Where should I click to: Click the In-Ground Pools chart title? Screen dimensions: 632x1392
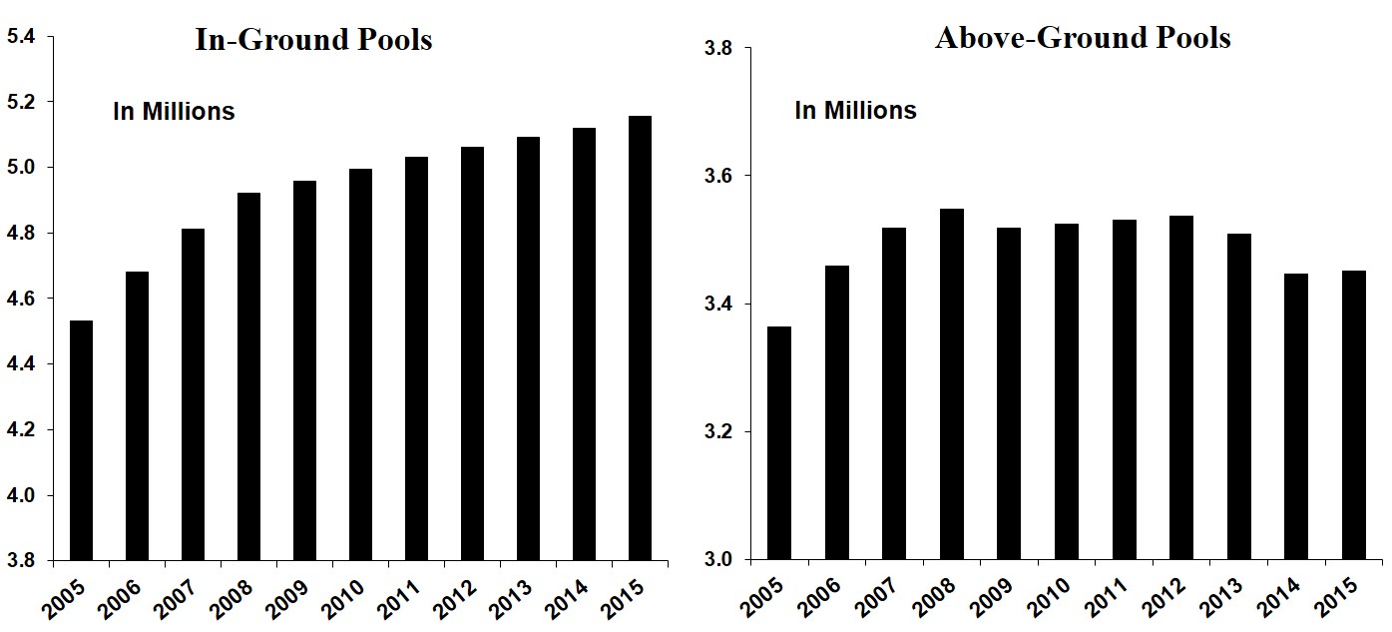coord(313,40)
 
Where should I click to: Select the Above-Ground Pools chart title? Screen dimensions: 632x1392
coord(1083,38)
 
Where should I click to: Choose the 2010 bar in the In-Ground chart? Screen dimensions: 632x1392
coord(360,364)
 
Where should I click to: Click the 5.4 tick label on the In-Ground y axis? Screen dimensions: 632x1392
coord(21,37)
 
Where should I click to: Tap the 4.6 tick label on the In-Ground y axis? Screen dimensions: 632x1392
coord(21,300)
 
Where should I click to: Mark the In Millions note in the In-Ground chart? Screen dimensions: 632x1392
coord(174,112)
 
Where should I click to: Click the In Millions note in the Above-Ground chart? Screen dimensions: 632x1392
coord(855,111)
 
